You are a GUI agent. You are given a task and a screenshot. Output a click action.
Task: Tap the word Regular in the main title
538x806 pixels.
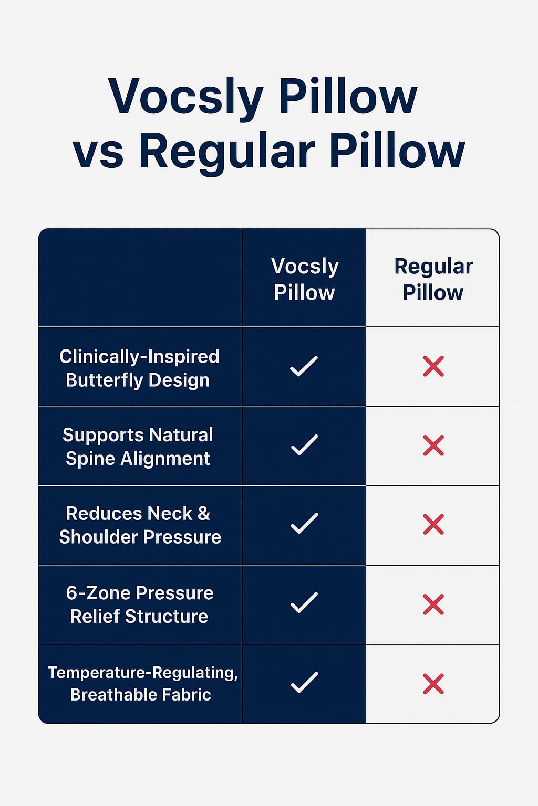point(226,151)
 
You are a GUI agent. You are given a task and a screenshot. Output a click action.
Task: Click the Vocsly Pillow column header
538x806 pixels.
point(305,279)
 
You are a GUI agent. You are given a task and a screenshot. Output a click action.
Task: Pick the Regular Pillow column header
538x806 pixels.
point(433,279)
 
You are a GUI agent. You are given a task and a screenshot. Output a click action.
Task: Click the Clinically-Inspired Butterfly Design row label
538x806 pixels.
point(139,368)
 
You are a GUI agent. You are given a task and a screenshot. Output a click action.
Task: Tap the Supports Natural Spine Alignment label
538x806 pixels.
point(138,447)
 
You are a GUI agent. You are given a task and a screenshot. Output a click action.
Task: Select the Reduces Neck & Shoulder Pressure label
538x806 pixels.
point(140,525)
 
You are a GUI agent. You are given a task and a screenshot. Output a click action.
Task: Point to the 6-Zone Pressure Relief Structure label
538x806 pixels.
point(140,604)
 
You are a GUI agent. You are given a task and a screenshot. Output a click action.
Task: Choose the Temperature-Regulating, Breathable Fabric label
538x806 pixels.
point(143,683)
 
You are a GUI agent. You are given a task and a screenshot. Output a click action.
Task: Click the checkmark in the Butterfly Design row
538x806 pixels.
point(304,366)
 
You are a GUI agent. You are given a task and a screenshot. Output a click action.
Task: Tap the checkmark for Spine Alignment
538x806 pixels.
point(304,445)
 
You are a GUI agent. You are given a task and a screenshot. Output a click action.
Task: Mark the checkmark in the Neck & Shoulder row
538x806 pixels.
point(304,524)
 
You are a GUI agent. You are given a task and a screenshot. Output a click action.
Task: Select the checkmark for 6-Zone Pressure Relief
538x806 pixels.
point(304,603)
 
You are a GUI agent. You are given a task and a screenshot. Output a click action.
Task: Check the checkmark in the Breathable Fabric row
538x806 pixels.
point(304,682)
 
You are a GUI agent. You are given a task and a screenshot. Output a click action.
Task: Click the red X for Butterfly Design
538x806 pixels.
point(433,366)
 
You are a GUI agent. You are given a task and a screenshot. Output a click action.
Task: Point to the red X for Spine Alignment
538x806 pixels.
point(433,446)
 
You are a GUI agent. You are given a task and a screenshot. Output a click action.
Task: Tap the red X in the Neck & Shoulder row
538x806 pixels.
point(433,524)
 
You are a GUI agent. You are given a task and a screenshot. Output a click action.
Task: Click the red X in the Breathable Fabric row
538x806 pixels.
point(433,684)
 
